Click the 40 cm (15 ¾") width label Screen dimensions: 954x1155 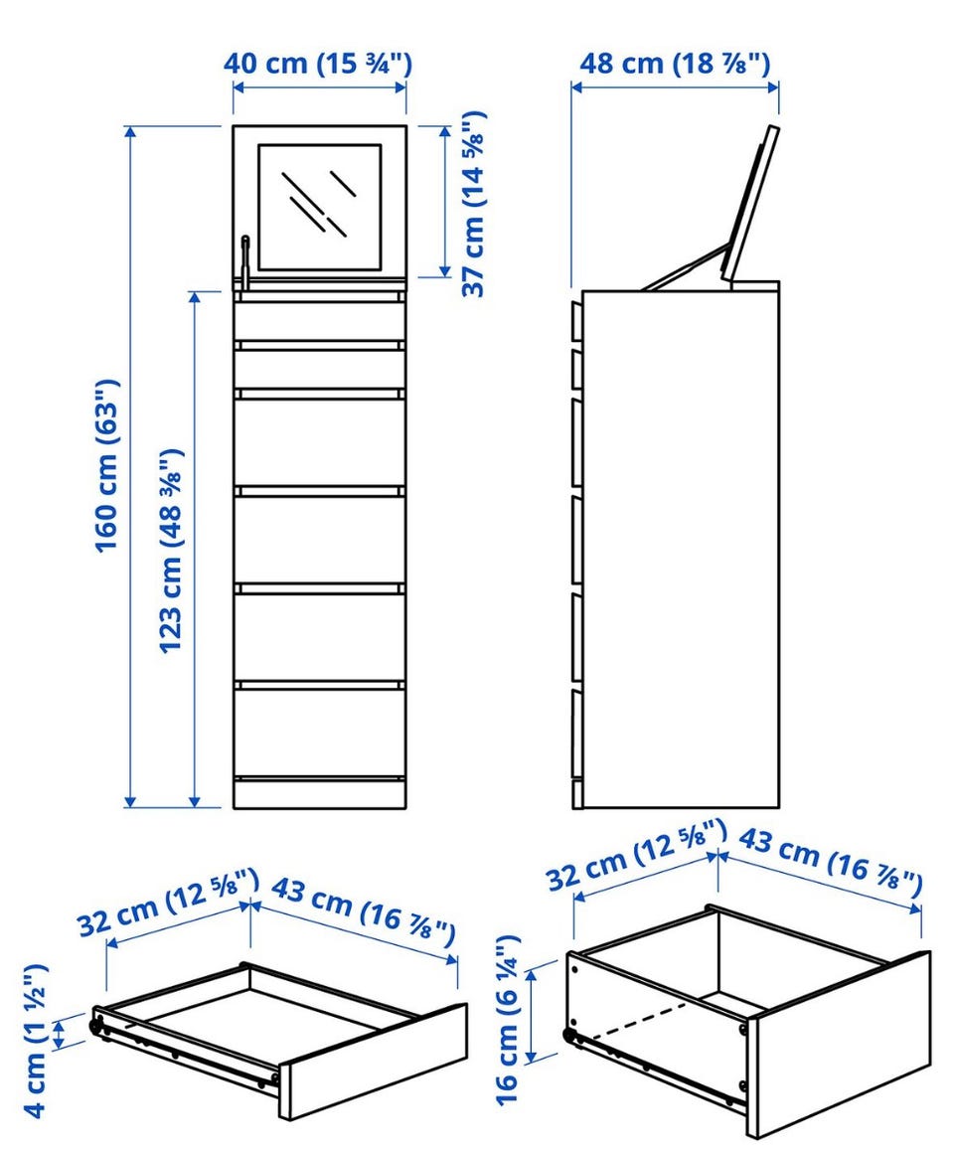318,64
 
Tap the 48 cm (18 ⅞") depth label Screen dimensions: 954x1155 675,64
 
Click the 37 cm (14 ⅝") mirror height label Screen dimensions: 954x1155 474,204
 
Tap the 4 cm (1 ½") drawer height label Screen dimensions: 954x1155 37,1040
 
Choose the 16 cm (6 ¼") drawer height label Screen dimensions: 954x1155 509,1020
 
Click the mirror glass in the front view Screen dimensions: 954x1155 320,207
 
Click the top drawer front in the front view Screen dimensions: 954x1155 320,320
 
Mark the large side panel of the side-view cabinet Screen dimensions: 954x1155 681,549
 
